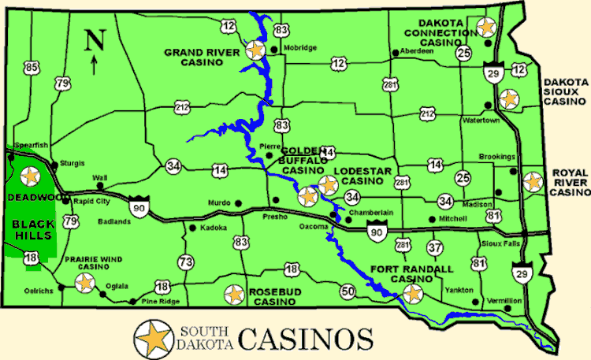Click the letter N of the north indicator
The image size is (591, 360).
click(x=95, y=39)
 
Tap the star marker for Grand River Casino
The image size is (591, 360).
click(x=255, y=50)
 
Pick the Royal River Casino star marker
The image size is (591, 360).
click(x=533, y=182)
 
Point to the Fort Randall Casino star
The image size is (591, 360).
click(x=411, y=295)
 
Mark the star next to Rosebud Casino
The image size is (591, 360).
click(x=233, y=295)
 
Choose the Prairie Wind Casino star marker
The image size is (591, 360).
click(x=84, y=284)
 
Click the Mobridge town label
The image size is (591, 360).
click(x=300, y=48)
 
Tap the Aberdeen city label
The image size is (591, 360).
click(x=418, y=51)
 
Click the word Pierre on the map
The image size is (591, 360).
click(x=270, y=146)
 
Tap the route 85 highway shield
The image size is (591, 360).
click(x=32, y=69)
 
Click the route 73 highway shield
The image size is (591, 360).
click(x=186, y=262)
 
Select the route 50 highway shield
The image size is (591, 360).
click(x=348, y=291)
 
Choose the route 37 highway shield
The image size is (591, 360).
click(x=434, y=247)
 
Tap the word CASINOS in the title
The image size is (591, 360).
click(x=305, y=339)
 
